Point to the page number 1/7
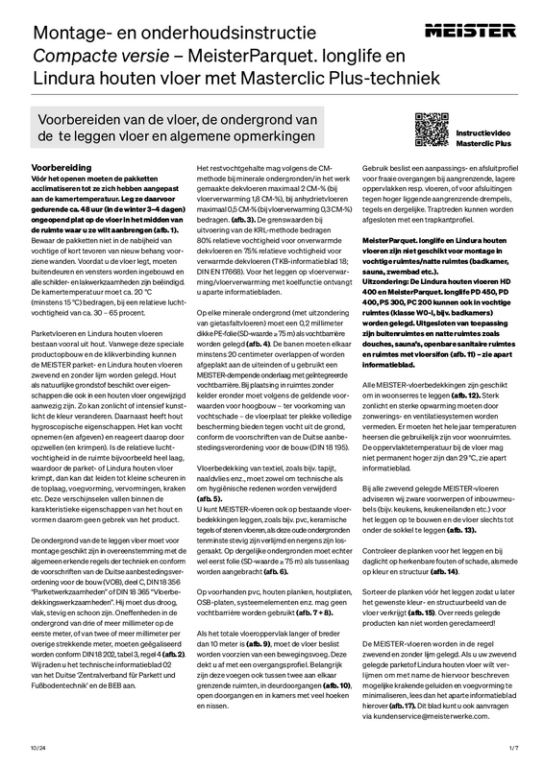(x=513, y=746)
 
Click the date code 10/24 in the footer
(x=37, y=746)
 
